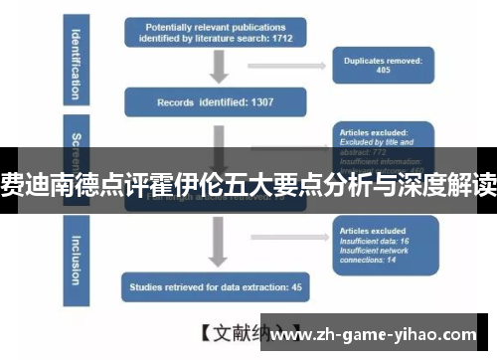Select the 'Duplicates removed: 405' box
(384, 65)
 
